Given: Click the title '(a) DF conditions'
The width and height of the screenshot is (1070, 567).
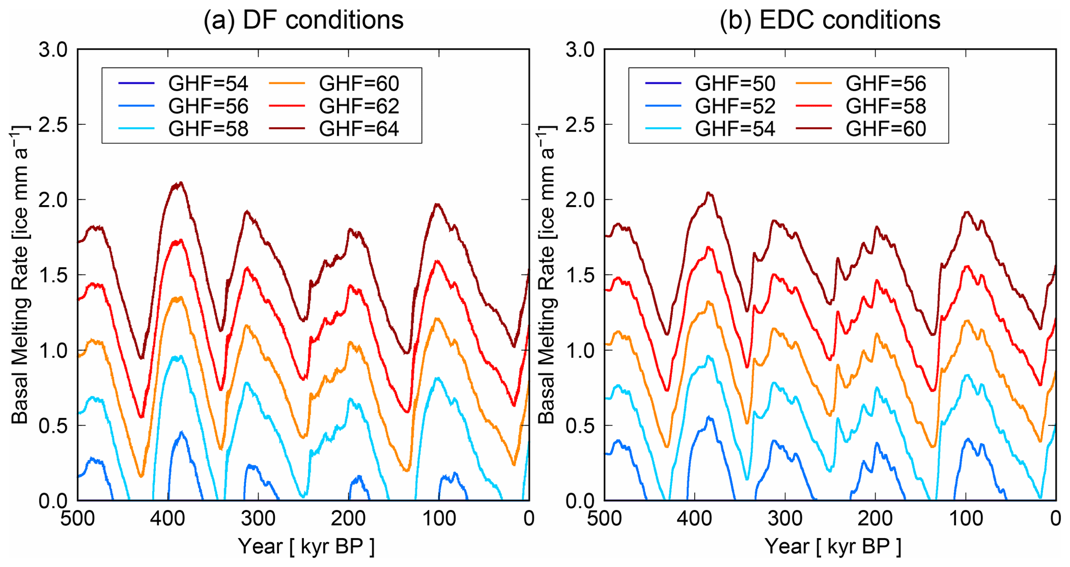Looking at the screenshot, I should click(x=303, y=21).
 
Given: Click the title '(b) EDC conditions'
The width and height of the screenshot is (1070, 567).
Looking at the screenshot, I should click(x=830, y=21).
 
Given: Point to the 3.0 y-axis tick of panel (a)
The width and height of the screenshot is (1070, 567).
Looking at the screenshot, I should click(x=53, y=50).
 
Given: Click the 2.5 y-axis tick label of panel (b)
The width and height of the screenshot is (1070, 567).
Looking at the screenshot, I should click(x=580, y=125).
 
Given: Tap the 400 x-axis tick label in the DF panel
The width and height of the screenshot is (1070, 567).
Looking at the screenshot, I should click(x=168, y=518).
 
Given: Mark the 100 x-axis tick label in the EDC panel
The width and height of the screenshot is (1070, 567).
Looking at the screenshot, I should click(x=966, y=518).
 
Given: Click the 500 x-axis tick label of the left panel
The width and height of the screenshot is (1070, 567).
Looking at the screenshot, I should click(x=78, y=518).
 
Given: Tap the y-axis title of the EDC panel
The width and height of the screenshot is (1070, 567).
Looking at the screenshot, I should click(x=547, y=274).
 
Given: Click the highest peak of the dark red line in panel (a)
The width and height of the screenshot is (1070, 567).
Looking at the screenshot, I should click(x=180, y=183).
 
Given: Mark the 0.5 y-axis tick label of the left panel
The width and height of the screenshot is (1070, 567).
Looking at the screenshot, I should click(x=53, y=426).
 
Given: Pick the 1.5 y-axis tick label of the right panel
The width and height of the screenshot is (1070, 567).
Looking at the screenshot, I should click(x=580, y=275).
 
